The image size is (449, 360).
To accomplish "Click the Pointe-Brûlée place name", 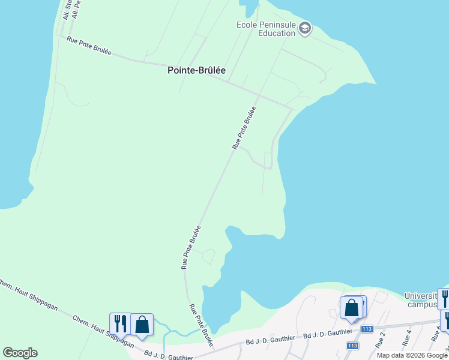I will [196, 70].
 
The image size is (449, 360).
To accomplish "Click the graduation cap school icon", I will [305, 28].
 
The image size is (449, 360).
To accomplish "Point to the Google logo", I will [20, 353].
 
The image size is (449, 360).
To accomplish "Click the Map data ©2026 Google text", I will [412, 355].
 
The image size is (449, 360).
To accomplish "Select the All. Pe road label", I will [76, 9].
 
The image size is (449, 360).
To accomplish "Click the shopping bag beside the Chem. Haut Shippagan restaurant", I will [142, 324].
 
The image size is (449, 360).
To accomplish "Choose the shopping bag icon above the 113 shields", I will [352, 307].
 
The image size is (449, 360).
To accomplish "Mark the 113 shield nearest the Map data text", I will [352, 346].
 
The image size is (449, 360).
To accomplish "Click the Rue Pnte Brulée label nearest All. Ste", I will [90, 46].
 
